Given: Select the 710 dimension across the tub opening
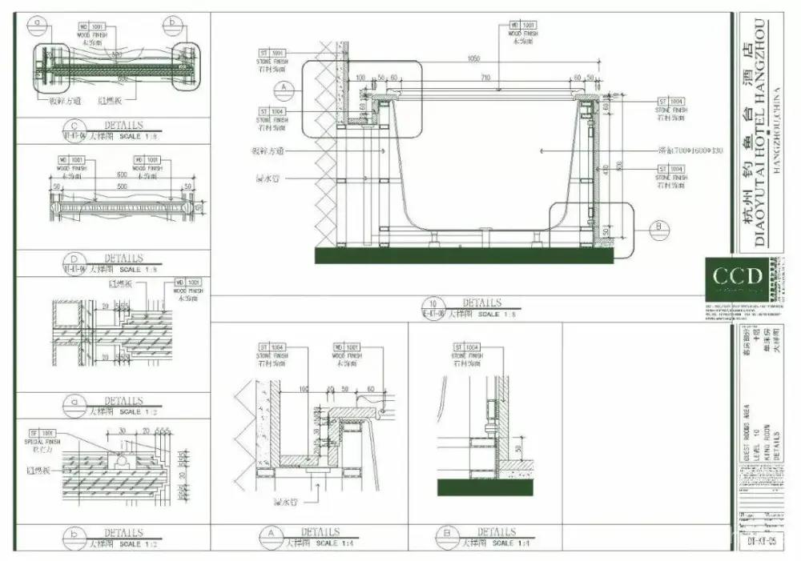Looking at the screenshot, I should pos(485,78).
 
